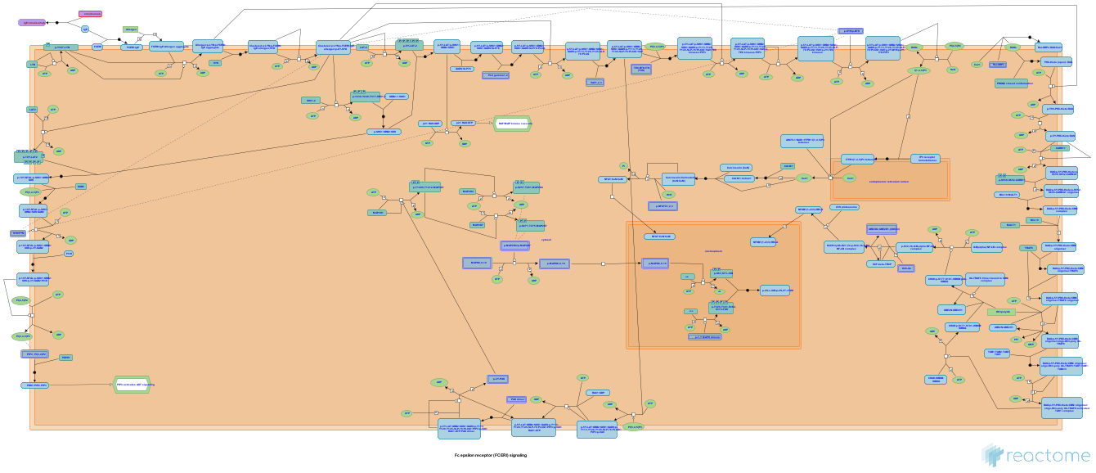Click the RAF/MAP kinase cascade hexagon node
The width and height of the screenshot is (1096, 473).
[x=514, y=124]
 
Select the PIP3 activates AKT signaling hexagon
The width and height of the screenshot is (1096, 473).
[x=133, y=384]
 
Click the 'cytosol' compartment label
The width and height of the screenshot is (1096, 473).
[x=546, y=240]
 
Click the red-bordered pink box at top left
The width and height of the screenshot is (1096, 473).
[x=90, y=14]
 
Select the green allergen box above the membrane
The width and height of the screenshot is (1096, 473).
[x=130, y=29]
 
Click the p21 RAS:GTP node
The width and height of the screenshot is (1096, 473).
[x=464, y=124]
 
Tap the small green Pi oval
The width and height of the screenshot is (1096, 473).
[x=623, y=165]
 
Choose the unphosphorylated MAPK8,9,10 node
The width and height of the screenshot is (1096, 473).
[x=475, y=264]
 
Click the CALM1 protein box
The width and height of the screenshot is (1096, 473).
[x=788, y=166]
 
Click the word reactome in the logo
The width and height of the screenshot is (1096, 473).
[x=1048, y=456]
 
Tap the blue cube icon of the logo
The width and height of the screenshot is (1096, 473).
[x=991, y=455]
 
